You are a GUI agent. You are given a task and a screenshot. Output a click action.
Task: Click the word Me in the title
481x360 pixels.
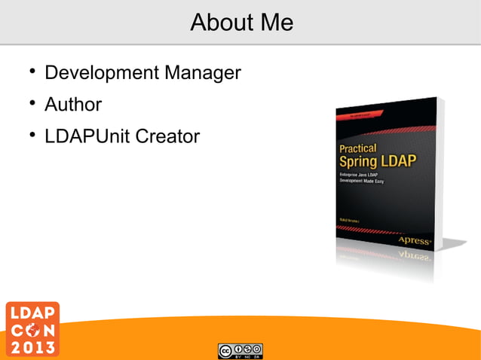point(275,23)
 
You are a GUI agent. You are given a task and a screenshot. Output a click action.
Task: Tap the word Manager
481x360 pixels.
point(202,73)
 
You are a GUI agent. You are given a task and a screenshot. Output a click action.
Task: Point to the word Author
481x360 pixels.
point(73,105)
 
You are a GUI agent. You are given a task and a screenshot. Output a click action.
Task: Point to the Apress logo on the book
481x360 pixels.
point(414,240)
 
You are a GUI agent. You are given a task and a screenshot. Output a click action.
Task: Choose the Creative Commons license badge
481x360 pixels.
point(240,350)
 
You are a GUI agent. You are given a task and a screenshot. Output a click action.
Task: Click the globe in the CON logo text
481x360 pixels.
point(30,329)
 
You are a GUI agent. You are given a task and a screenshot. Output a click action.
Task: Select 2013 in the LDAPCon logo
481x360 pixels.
point(30,347)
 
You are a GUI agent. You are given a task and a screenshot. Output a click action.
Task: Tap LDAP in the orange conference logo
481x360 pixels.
point(30,312)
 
